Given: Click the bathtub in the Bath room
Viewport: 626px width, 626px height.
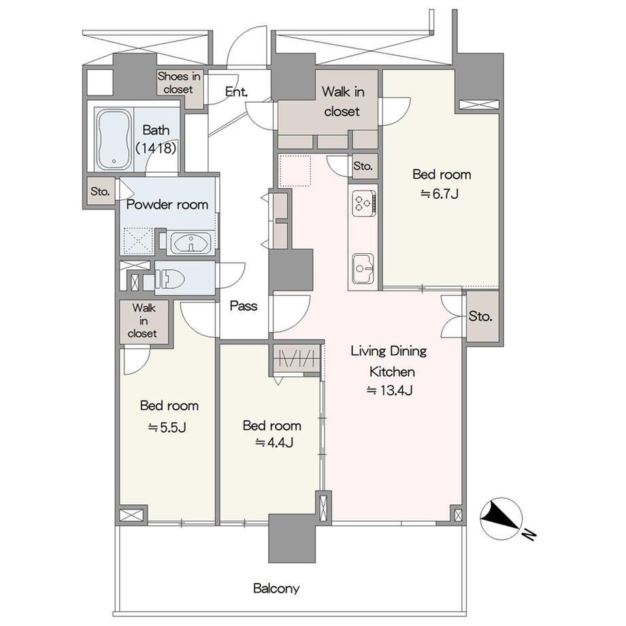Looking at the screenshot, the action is pos(114,139).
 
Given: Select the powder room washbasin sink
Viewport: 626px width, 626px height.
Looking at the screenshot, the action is pos(191,242).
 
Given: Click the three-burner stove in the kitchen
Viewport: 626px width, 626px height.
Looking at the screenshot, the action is pos(364,203).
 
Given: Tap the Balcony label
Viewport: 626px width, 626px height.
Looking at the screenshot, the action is pos(276,589).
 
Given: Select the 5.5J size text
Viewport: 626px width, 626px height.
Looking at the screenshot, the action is pos(167,427).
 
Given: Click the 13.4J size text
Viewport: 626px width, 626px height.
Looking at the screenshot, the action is pos(390,390).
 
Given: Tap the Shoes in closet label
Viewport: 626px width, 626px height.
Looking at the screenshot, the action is pos(178,82).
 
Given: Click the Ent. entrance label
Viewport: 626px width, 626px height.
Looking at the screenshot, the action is pos(236,92).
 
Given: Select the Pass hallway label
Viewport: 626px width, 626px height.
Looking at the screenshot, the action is pos(244,306).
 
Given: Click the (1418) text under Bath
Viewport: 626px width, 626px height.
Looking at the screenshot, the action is pos(156,148).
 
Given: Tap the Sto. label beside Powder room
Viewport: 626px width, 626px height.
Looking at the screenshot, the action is pos(100,192).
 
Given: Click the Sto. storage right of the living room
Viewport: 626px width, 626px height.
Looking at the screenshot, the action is pos(480,316).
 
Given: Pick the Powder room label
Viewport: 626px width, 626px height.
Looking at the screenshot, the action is pos(167,205).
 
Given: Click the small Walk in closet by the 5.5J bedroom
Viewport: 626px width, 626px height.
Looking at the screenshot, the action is pos(144,321).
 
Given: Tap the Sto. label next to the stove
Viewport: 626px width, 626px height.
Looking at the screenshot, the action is pos(363,165).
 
